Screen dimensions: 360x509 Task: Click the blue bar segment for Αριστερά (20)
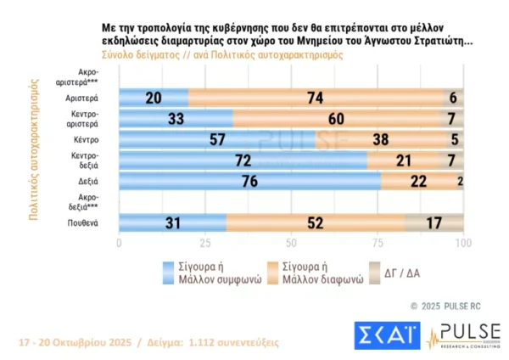[154, 98]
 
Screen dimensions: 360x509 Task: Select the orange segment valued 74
[315, 98]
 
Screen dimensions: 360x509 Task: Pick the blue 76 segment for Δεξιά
[249, 181]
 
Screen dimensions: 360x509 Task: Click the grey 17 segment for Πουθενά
[434, 222]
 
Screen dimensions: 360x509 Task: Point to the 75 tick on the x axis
[377, 244]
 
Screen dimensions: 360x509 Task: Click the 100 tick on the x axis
[462, 244]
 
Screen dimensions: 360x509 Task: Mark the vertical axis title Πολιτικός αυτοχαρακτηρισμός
[35, 149]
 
